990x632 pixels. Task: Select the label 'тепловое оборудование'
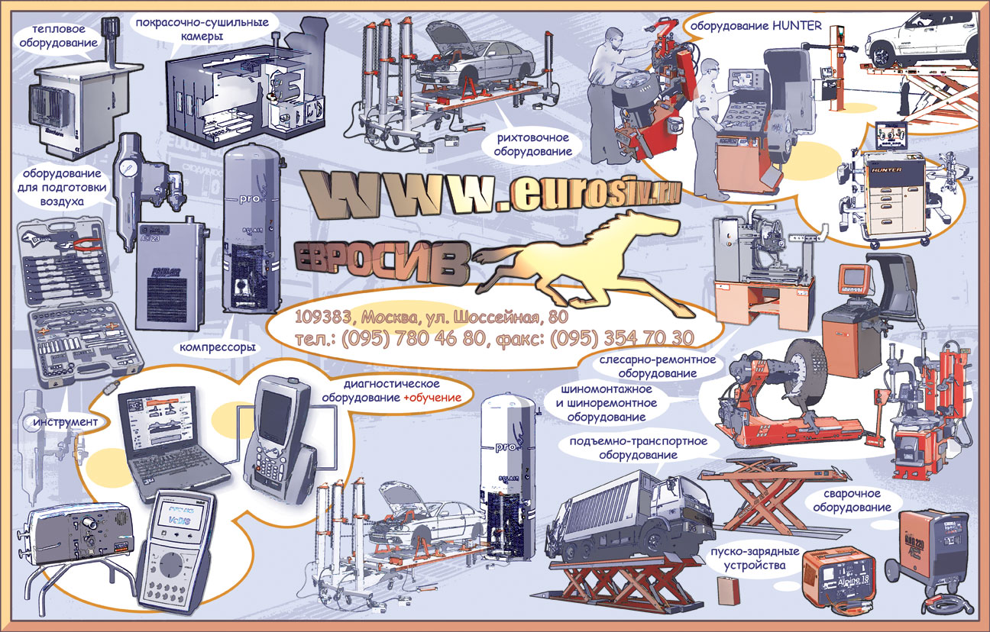(x=64, y=37)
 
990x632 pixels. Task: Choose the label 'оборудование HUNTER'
(x=756, y=26)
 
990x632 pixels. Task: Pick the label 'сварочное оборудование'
(x=852, y=501)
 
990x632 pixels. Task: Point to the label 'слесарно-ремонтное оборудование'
(x=657, y=366)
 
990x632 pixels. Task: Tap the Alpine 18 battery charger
(x=839, y=576)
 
